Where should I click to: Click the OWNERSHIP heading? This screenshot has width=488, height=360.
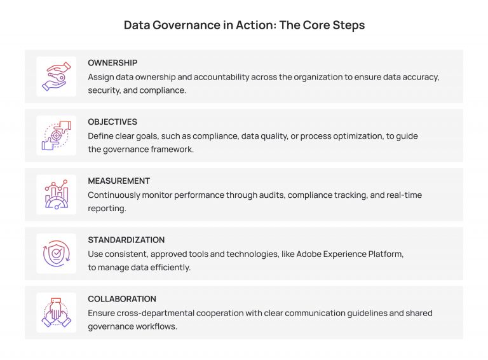112,63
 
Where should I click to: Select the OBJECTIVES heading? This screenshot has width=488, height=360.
112,122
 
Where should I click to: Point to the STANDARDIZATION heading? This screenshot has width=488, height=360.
126,240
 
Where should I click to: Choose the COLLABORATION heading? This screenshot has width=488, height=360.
122,299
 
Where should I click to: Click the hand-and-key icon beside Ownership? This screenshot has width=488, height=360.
56,76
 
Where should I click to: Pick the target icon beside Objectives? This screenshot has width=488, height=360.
56,135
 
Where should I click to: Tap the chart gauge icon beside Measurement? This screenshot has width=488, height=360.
56,195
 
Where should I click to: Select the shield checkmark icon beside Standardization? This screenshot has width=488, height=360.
56,254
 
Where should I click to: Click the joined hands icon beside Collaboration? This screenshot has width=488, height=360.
56,312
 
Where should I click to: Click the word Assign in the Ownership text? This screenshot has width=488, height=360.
101,76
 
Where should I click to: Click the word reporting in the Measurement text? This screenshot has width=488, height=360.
107,208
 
